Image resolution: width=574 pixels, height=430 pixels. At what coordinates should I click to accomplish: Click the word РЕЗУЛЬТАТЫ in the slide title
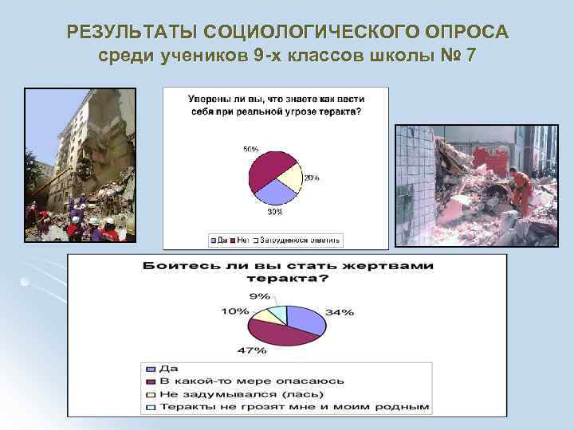click(132, 32)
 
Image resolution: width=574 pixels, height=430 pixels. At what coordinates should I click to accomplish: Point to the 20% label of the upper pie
click(311, 178)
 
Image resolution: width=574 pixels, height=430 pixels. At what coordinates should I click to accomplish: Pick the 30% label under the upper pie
click(273, 211)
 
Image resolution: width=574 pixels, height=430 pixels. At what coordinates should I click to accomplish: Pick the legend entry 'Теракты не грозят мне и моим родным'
click(294, 406)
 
